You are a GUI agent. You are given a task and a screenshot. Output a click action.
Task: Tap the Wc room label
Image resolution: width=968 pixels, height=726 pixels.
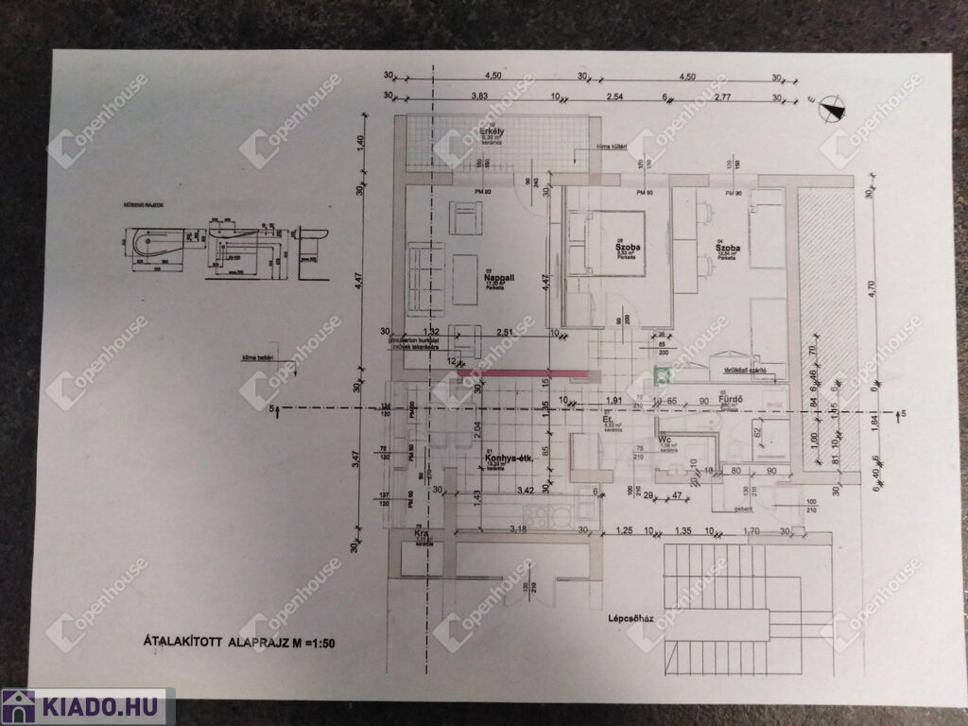coord(665,439)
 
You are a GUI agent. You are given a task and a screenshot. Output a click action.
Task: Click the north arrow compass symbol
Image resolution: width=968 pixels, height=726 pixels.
coord(831,108)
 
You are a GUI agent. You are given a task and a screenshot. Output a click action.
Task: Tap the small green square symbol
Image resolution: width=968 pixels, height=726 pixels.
coord(664,375)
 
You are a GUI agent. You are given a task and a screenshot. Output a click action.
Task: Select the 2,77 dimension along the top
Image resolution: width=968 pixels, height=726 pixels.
coord(723,96)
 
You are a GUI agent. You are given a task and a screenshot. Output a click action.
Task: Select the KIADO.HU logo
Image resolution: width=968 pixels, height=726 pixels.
coord(86,706)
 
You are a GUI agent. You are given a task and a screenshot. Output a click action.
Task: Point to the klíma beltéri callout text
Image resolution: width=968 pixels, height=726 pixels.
coord(251,357)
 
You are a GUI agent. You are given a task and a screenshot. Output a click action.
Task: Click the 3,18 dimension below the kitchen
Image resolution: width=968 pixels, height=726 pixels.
coord(518,528)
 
